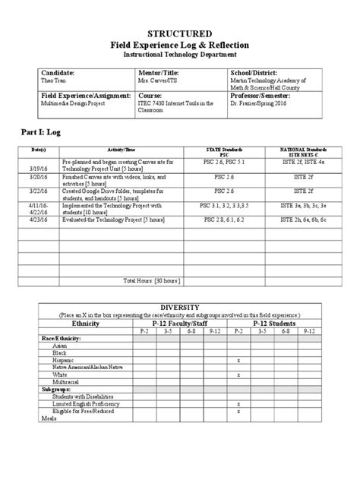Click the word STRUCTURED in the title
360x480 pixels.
pyautogui.click(x=180, y=34)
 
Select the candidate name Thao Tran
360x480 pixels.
pyautogui.click(x=52, y=80)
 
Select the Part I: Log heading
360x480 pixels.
pyautogui.click(x=44, y=132)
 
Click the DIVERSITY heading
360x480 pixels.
pyautogui.click(x=180, y=306)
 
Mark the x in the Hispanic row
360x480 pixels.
pyautogui.click(x=239, y=360)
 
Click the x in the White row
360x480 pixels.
pyautogui.click(x=239, y=374)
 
